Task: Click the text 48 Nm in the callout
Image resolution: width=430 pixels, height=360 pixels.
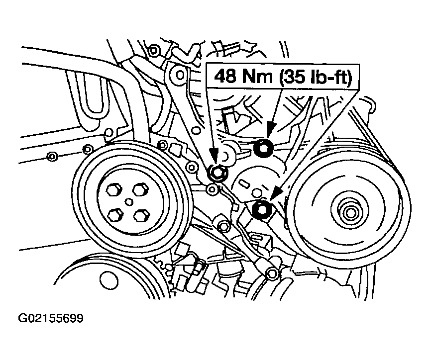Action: click(x=243, y=76)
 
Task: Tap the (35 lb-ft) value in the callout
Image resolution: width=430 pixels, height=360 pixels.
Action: click(x=315, y=76)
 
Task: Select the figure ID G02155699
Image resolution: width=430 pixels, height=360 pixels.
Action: click(x=51, y=318)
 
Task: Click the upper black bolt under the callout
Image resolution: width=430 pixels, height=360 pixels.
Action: click(x=263, y=149)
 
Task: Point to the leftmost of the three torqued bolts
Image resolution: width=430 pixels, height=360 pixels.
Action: click(x=217, y=173)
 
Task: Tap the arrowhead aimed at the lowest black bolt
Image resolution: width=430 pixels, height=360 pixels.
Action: click(x=275, y=194)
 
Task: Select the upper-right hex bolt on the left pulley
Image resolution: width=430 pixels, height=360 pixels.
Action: click(x=141, y=189)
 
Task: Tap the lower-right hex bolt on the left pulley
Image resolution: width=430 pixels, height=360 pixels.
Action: click(x=141, y=215)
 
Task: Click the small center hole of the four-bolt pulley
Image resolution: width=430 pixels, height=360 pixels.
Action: click(x=128, y=202)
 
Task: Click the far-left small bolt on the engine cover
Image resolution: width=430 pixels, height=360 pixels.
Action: click(x=51, y=157)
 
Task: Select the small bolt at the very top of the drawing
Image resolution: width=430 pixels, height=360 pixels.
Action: click(x=153, y=50)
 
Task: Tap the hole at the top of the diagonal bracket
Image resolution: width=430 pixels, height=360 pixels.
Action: click(x=180, y=74)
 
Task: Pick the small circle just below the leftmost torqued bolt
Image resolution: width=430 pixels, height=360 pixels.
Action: click(x=212, y=189)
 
